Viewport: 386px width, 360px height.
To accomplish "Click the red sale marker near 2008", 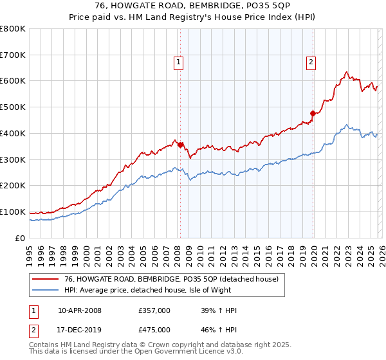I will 180,145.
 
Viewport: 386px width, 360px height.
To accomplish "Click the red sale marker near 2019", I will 313,113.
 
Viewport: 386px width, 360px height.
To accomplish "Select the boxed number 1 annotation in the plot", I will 178,62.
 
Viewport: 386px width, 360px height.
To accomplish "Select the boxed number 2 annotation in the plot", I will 311,62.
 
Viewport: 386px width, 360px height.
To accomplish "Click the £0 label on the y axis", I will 21,238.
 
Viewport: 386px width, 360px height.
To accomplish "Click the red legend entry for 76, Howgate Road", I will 171,279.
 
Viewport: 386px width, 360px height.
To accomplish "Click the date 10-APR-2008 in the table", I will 80,310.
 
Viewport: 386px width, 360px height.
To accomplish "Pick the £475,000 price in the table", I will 154,329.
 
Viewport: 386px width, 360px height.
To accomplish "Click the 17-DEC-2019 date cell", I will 80,329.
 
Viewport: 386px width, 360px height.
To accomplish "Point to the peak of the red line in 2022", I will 346,72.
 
